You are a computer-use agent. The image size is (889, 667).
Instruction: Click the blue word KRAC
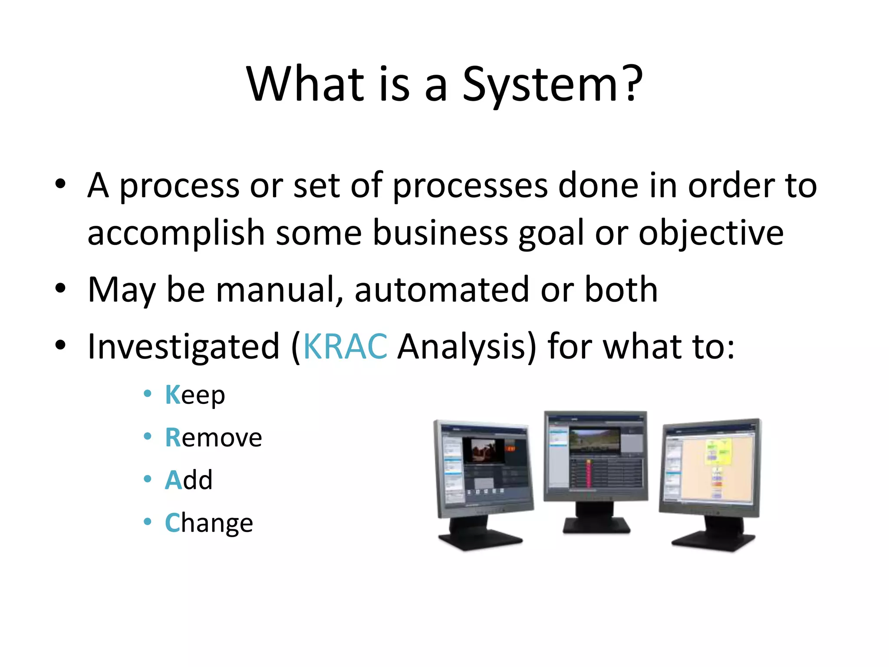[x=345, y=347]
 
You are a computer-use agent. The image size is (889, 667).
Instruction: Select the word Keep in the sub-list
[x=195, y=395]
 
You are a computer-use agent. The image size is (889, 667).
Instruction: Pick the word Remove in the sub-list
[x=213, y=437]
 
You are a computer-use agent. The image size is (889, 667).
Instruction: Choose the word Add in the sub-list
[x=188, y=480]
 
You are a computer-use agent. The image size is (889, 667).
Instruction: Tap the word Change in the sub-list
[x=209, y=523]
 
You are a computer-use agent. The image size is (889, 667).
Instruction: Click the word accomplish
[x=176, y=233]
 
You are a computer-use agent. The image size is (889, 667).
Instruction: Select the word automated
[x=441, y=290]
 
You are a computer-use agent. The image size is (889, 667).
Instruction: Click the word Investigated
[x=184, y=347]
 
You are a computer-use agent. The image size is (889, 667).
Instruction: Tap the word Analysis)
[x=467, y=347]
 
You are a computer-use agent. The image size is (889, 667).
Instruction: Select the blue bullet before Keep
[x=148, y=393]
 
